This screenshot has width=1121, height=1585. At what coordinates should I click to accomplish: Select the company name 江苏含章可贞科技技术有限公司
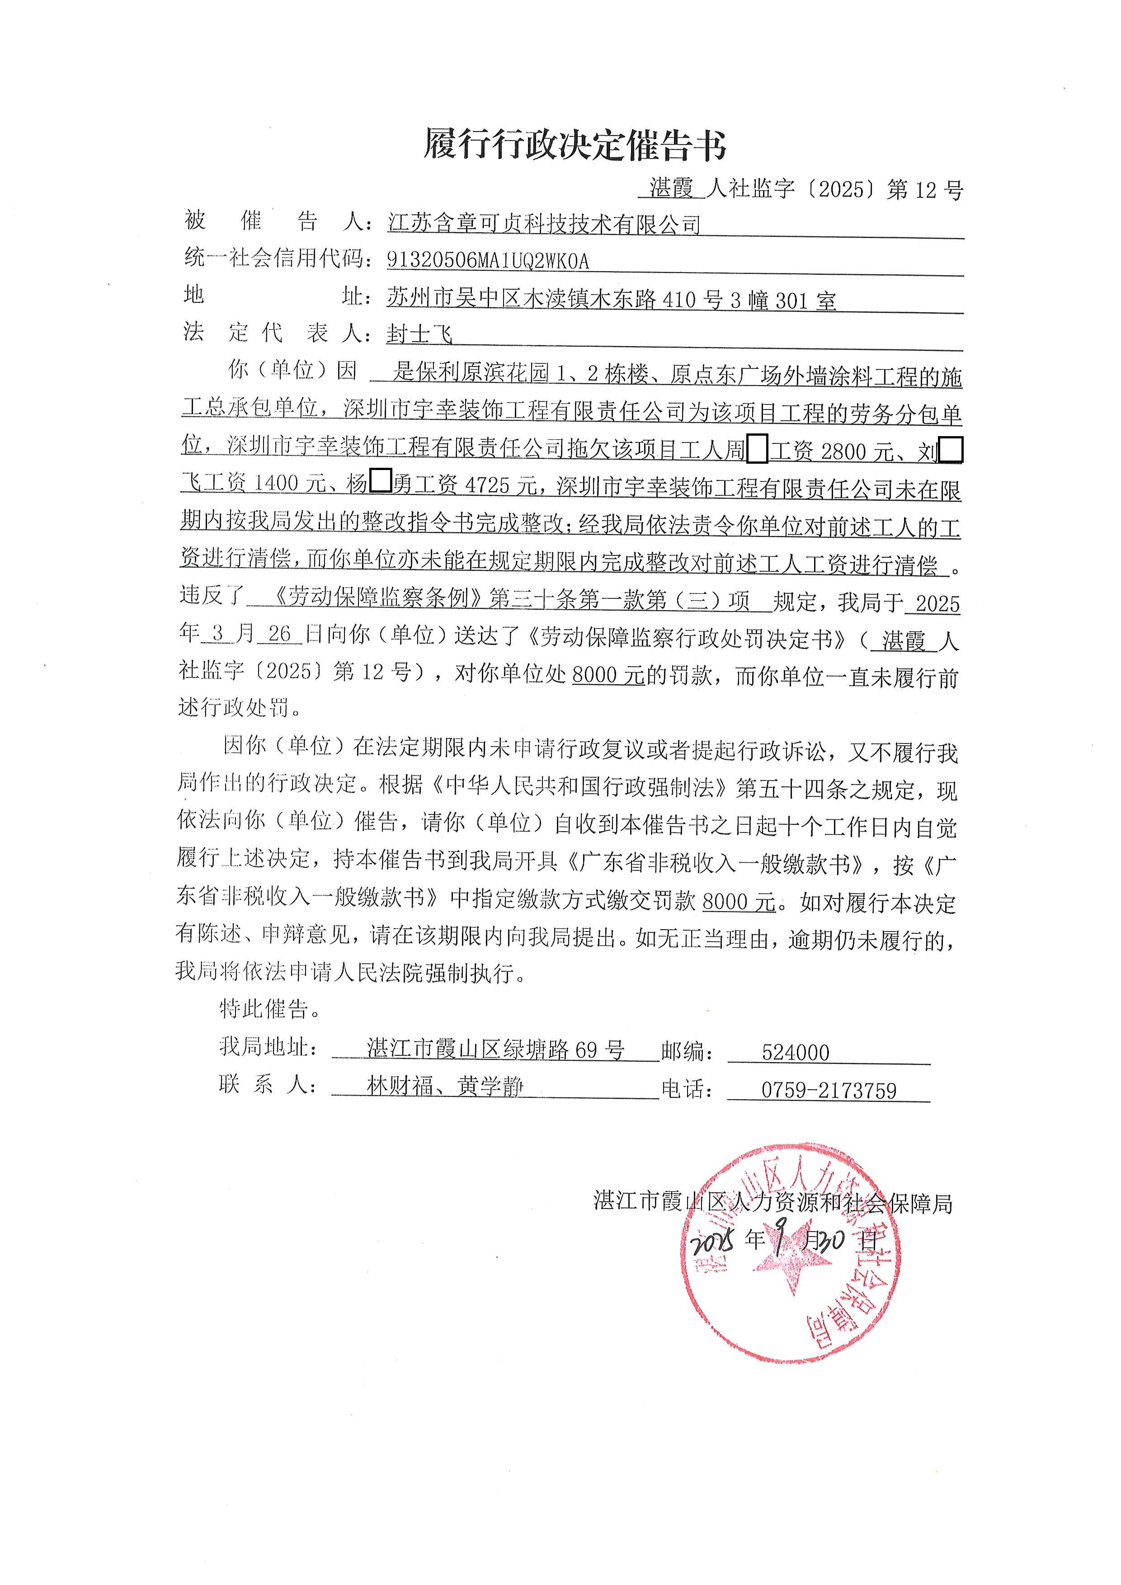[544, 224]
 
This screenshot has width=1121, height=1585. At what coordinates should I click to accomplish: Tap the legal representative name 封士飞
[419, 334]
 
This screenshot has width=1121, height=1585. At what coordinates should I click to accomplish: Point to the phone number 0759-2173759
[829, 1090]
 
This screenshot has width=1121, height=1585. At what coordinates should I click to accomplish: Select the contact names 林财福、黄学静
[445, 1086]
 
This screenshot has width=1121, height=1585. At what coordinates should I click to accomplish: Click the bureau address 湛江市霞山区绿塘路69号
[495, 1049]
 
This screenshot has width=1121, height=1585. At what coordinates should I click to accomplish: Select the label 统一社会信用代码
[275, 258]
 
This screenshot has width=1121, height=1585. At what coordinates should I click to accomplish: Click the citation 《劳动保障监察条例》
[377, 598]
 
